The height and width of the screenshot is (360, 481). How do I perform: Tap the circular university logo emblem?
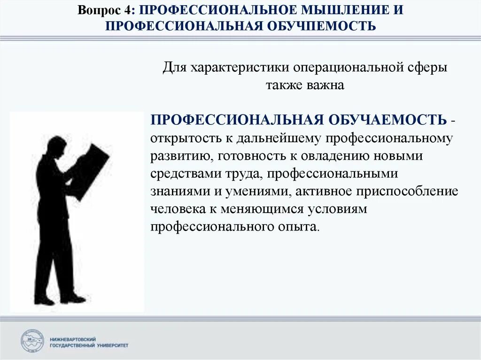[32, 341]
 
